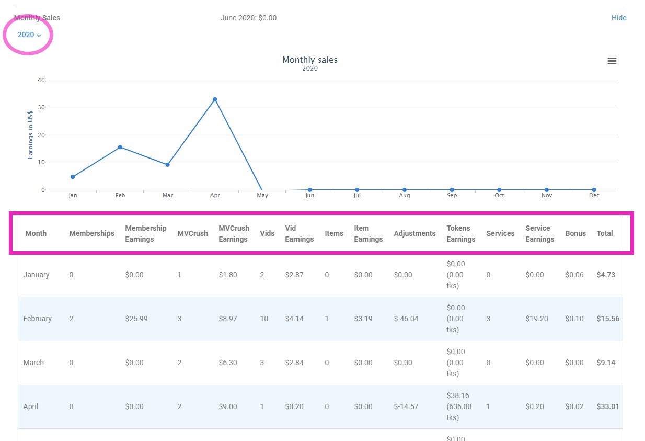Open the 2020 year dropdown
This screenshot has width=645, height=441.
pyautogui.click(x=29, y=35)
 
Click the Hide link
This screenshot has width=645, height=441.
pyautogui.click(x=618, y=18)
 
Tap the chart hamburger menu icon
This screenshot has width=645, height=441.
pyautogui.click(x=612, y=61)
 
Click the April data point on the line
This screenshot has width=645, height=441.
pyautogui.click(x=215, y=99)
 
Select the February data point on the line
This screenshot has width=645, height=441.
pyautogui.click(x=120, y=147)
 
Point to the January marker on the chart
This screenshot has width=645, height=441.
pyautogui.click(x=73, y=177)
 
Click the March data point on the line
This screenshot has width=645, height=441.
pyautogui.click(x=167, y=165)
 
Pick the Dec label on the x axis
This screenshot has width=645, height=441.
pyautogui.click(x=594, y=196)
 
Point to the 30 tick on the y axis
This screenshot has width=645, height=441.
pyautogui.click(x=41, y=108)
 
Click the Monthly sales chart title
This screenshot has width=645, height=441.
pyautogui.click(x=309, y=60)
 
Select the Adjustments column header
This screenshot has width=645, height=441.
pyautogui.click(x=414, y=234)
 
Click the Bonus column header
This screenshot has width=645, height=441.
pyautogui.click(x=575, y=234)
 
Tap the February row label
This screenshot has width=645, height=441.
pyautogui.click(x=37, y=319)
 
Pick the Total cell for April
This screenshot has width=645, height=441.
pyautogui.click(x=607, y=406)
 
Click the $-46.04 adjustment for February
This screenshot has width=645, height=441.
pyautogui.click(x=406, y=319)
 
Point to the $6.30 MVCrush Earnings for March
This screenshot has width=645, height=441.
pyautogui.click(x=227, y=363)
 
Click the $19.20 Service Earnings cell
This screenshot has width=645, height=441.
pyautogui.click(x=536, y=319)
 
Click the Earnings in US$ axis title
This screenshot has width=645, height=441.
pyautogui.click(x=30, y=135)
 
